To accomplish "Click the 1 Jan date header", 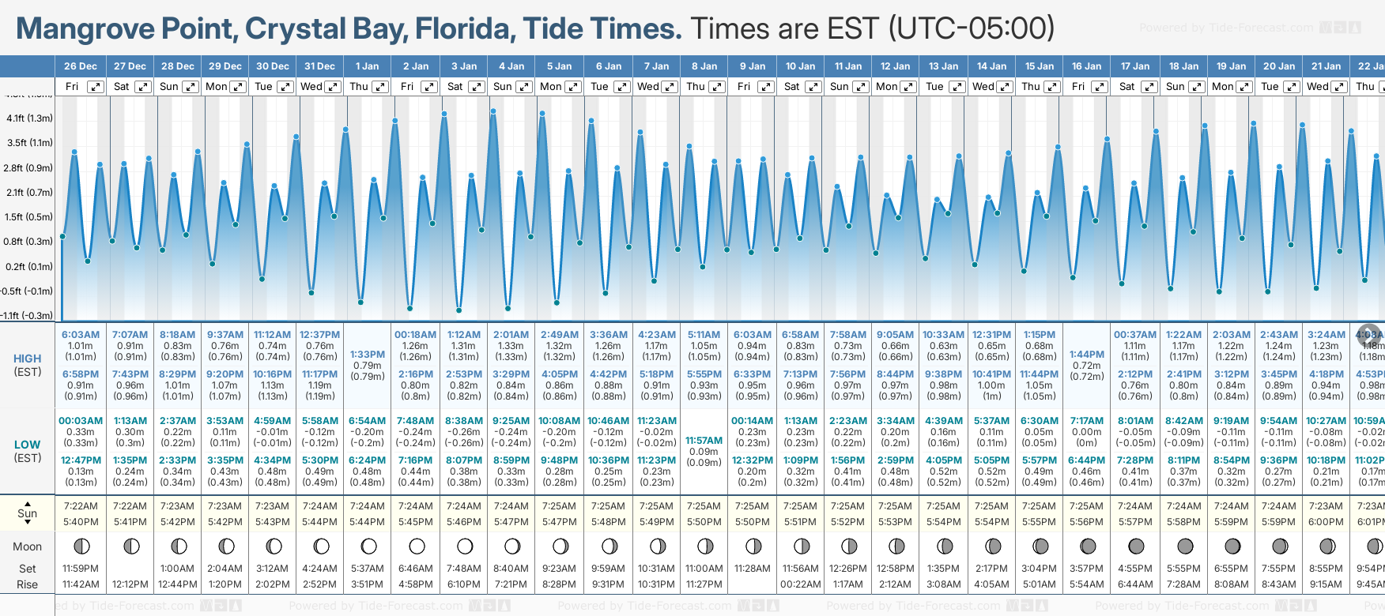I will point(367,66).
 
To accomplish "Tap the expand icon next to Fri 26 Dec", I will point(95,87).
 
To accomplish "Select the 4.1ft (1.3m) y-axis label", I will point(29,118).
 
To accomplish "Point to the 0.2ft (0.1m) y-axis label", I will point(29,267).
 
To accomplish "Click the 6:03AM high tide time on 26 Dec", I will point(81,335).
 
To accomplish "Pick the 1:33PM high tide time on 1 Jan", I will point(368,355).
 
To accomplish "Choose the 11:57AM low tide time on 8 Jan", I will point(704,441).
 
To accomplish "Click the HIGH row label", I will point(28,359).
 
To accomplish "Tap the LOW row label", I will point(28,445).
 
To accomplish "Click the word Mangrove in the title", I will point(85,28).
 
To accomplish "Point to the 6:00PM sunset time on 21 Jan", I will point(1326,522).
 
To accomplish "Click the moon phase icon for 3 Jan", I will point(465,547).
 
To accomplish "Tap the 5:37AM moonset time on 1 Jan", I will point(368,569).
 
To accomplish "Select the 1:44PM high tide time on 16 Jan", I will point(1086,355).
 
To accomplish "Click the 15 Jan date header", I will point(1040,66).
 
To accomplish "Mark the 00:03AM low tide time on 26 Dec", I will point(81,421).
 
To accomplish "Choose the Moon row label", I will point(28,547).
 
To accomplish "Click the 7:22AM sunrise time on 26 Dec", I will point(81,506).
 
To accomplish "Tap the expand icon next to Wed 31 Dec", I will point(333,87).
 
